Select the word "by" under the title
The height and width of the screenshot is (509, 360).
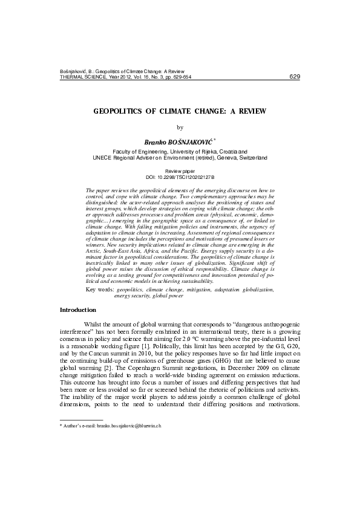180,127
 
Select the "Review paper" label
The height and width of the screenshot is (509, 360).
180,172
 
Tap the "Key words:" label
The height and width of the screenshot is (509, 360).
100,290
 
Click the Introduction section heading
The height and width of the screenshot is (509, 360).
78,310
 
